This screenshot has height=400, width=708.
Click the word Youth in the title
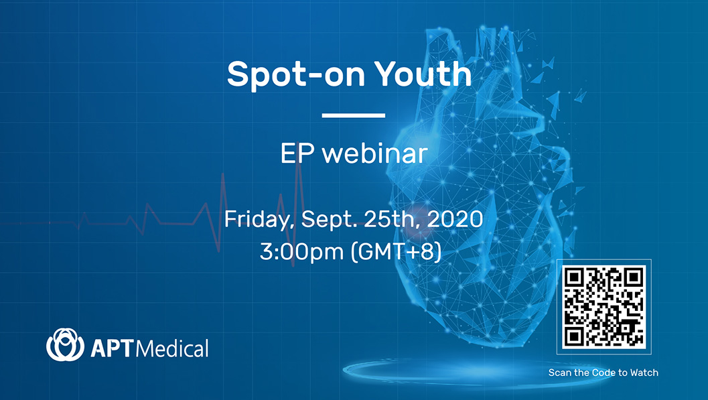(423, 74)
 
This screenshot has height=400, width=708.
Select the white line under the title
(354, 115)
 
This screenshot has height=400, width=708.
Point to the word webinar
(375, 153)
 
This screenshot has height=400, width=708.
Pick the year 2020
(455, 219)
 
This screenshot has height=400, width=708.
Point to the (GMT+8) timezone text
(396, 251)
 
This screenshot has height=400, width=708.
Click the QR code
(604, 307)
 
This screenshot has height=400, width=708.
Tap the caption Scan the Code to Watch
(604, 373)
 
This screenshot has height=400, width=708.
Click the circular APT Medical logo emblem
(65, 344)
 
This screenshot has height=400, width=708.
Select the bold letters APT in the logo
(113, 348)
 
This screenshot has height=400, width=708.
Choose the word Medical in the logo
(172, 348)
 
